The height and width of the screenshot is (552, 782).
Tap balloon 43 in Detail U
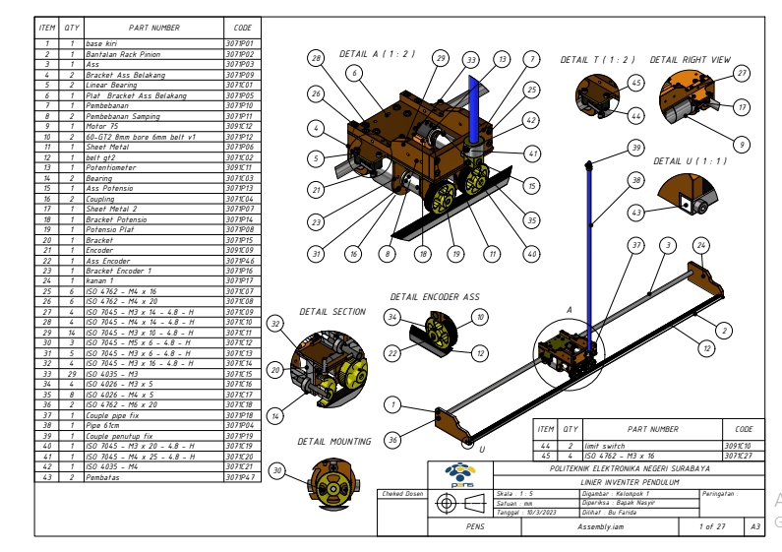(636, 212)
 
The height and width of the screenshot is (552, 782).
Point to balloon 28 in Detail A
(317, 60)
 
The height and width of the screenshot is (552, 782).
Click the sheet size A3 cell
(755, 526)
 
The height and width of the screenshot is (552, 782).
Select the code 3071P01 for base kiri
(241, 43)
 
